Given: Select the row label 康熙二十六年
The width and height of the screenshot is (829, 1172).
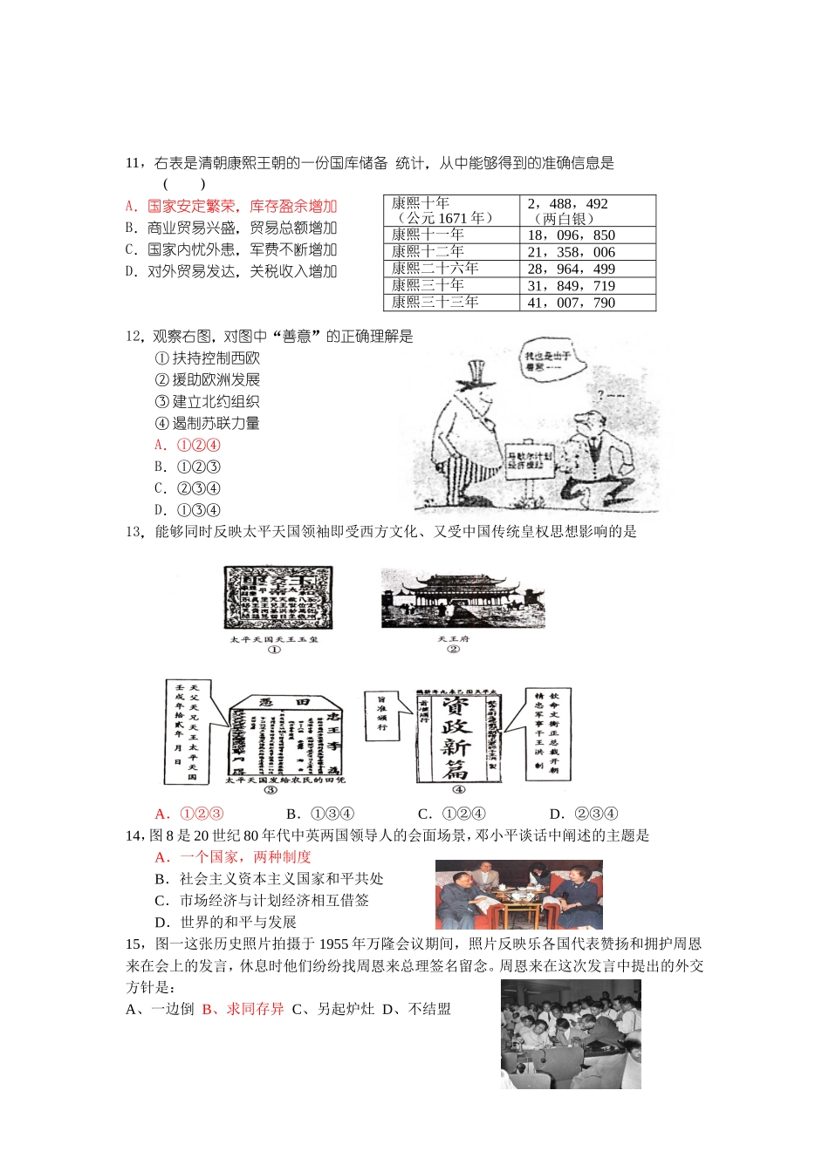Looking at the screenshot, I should [435, 269].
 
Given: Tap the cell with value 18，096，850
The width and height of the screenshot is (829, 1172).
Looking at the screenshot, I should [572, 235].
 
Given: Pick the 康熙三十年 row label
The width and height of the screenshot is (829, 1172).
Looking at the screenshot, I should [428, 285].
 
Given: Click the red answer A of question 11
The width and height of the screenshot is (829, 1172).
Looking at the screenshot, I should [231, 207].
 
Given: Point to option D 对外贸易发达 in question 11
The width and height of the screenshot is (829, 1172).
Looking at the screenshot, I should [231, 272].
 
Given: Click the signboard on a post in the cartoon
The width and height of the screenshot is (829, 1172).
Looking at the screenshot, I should [531, 459].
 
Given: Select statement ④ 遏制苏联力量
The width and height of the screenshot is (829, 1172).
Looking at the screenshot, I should [208, 424].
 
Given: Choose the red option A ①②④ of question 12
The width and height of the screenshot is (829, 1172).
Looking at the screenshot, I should [188, 446].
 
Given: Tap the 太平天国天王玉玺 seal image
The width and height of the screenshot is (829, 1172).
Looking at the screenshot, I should [277, 597].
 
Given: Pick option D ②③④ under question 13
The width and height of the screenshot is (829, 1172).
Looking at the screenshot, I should [585, 814].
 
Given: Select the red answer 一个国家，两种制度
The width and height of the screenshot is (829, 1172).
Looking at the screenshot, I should [234, 857].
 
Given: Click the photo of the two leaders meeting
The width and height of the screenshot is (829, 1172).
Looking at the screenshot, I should [518, 894].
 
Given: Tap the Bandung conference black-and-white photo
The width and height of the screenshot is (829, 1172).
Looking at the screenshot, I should [571, 1033].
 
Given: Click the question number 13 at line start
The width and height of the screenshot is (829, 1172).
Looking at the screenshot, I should [134, 532].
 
